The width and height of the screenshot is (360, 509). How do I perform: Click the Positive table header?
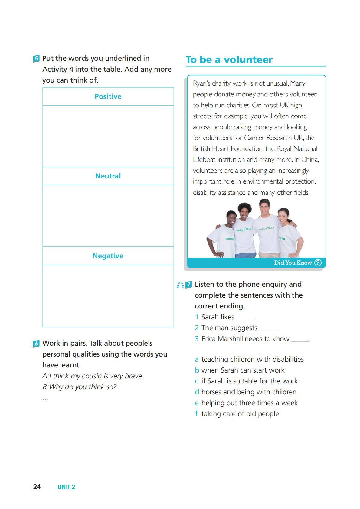[x=108, y=96]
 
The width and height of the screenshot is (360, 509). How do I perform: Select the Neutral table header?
[x=108, y=176]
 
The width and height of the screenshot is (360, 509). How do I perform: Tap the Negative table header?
[x=108, y=256]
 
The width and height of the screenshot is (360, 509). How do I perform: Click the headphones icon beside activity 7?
[x=180, y=285]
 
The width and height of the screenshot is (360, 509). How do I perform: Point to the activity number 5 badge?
[x=36, y=58]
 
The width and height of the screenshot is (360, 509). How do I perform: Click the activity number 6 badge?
[x=36, y=344]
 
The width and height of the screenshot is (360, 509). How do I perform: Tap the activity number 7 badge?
[x=189, y=285]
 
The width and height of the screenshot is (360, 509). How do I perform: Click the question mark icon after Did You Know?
[x=318, y=263]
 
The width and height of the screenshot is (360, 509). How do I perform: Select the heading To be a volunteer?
[x=229, y=60]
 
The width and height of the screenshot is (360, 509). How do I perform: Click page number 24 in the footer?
[x=37, y=487]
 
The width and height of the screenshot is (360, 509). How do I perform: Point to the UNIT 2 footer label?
[x=66, y=487]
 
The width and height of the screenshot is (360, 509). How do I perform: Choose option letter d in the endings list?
[x=197, y=392]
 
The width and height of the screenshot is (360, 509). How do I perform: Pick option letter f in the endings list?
[x=196, y=414]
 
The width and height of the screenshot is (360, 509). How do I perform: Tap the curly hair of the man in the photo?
[x=244, y=207]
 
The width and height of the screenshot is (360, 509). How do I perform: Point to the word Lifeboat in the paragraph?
[x=204, y=160]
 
